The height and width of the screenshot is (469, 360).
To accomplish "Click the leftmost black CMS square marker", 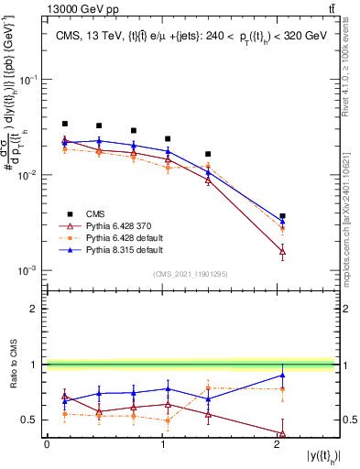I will click(65, 124).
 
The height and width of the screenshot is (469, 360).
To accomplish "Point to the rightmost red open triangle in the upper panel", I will click(282, 250).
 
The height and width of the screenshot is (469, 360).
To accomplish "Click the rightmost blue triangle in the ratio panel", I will click(282, 375).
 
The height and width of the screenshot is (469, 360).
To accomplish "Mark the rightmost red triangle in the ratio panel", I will click(282, 433).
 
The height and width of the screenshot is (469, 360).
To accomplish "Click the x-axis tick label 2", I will click(278, 444).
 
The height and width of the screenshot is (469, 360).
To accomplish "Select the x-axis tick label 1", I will click(162, 444).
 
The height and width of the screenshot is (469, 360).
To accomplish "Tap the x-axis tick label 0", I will click(47, 444).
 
